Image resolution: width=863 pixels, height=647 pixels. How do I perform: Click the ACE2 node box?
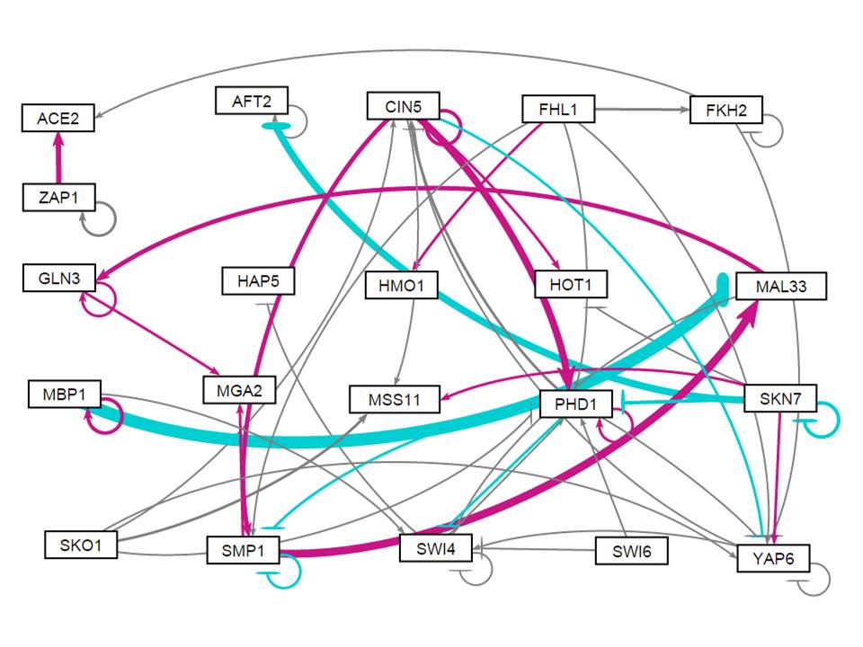(58, 118)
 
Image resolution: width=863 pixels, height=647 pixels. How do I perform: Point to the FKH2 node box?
(725, 111)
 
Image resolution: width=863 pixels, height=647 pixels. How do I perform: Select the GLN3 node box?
(59, 278)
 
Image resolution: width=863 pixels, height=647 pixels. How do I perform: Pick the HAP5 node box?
(258, 281)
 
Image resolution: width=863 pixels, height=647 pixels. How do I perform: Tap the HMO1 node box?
(401, 287)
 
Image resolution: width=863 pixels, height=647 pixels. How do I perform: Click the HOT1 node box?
(571, 285)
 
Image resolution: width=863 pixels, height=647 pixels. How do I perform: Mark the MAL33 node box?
(779, 286)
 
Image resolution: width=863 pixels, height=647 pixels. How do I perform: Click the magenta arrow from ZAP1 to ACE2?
(59, 157)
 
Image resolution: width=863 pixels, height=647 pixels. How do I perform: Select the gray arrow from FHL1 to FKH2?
(642, 111)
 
